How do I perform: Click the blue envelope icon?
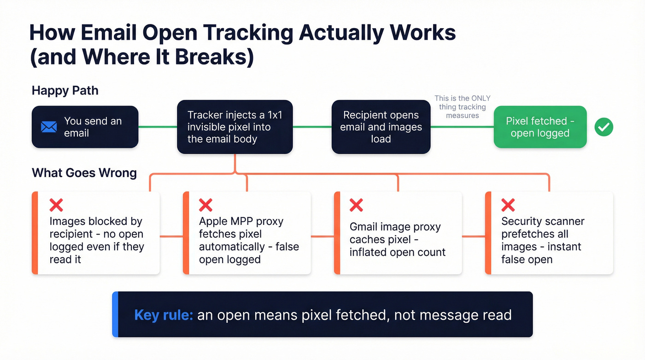pyautogui.click(x=49, y=127)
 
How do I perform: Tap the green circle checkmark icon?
pyautogui.click(x=604, y=127)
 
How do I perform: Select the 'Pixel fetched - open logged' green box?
pyautogui.click(x=540, y=127)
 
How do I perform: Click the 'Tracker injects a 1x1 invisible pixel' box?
pyautogui.click(x=235, y=127)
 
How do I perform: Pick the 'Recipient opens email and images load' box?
pyautogui.click(x=381, y=127)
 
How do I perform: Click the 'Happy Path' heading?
pyautogui.click(x=65, y=90)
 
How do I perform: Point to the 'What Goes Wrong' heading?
pyautogui.click(x=84, y=173)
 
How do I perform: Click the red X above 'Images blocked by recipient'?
pyautogui.click(x=56, y=205)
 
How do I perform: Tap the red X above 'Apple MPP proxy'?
pyautogui.click(x=205, y=205)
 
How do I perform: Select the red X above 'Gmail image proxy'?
pyautogui.click(x=356, y=205)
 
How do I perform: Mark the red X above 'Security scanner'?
pyautogui.click(x=508, y=205)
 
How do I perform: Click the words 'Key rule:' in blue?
pyautogui.click(x=163, y=315)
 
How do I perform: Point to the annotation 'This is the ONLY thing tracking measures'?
pyautogui.click(x=462, y=107)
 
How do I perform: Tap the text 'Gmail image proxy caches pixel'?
pyautogui.click(x=395, y=233)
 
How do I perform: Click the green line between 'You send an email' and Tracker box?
pyautogui.click(x=158, y=127)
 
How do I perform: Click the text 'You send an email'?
pyautogui.click(x=93, y=127)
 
